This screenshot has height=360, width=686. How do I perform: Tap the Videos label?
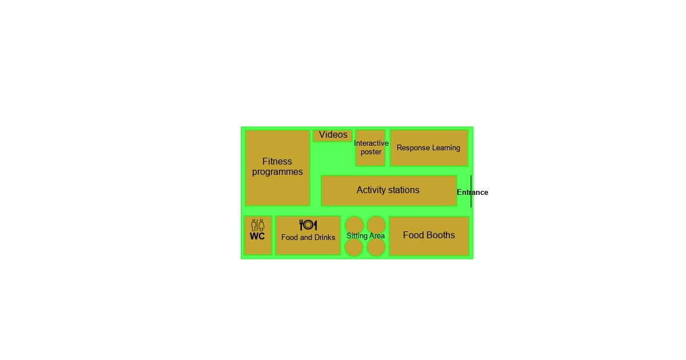(333, 135)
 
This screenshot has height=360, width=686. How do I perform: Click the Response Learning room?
(429, 148)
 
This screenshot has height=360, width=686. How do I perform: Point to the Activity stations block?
(388, 190)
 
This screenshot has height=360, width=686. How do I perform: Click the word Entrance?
(472, 193)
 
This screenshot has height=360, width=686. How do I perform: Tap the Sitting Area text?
(365, 236)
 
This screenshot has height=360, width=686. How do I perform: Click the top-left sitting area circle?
(354, 224)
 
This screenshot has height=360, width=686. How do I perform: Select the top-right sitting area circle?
(376, 224)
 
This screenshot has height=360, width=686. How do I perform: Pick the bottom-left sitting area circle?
(354, 247)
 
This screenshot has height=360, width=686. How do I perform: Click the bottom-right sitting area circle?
(376, 247)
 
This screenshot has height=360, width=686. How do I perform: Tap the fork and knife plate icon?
(308, 225)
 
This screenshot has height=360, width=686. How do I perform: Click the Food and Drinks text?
(308, 238)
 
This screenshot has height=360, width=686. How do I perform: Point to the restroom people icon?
(258, 225)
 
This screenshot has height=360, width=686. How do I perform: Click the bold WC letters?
(257, 236)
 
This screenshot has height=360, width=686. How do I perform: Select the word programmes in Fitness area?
(277, 172)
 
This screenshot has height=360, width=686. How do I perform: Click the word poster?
(371, 152)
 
